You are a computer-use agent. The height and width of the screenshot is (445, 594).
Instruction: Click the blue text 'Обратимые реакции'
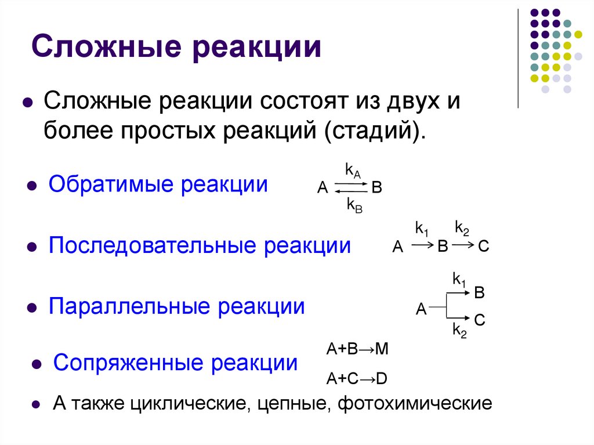tap(158, 185)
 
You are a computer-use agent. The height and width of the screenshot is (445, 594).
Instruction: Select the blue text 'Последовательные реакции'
tap(200, 245)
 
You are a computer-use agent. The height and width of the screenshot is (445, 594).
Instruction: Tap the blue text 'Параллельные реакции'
tap(176, 306)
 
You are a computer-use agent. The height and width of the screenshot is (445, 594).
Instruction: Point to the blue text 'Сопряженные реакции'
tap(175, 364)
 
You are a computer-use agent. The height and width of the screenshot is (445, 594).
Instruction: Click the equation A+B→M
tap(357, 349)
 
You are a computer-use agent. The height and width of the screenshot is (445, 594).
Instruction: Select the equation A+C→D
tap(356, 379)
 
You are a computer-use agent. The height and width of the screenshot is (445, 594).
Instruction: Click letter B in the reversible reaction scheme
tap(376, 187)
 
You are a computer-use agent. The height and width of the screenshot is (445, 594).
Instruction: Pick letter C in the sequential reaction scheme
tap(484, 247)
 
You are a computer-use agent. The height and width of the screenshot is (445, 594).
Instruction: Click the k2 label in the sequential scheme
tap(462, 227)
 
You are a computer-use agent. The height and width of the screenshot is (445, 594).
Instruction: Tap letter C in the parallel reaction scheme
tap(480, 320)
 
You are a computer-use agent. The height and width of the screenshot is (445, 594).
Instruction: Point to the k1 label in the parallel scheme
tap(459, 280)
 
